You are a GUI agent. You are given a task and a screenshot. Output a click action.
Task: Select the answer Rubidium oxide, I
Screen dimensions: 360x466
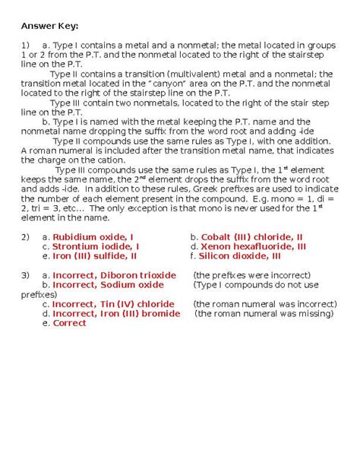point(98,237)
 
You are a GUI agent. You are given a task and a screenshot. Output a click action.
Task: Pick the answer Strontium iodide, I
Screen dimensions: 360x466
point(95,247)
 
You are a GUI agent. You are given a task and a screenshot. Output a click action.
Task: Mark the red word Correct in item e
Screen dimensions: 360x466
point(69,323)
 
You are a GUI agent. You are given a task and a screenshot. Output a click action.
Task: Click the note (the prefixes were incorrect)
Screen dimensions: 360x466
point(251,275)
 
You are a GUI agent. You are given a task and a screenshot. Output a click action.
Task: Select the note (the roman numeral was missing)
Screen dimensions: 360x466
point(263,313)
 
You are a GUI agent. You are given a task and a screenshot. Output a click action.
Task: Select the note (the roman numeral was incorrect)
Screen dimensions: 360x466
point(263,304)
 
